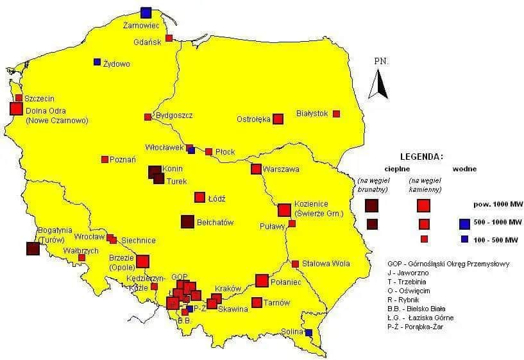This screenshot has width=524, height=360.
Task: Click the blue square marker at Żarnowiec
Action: click(146, 12)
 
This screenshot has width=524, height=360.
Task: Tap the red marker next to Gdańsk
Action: click(169, 38)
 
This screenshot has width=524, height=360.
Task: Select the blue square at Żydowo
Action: click(97, 62)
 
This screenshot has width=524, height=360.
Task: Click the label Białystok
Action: click(312, 114)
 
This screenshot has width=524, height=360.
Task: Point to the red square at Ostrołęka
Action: click(278, 119)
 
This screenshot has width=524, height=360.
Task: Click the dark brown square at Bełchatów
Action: click(187, 221)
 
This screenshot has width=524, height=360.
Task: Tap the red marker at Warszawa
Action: click(256, 169)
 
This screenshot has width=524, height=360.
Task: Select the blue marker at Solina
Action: click(308, 332)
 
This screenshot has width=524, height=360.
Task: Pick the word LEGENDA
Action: click(421, 156)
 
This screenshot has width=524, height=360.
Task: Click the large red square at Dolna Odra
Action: click(16, 108)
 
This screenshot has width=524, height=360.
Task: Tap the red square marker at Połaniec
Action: click(262, 280)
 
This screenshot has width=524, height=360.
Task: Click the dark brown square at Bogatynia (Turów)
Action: click(33, 249)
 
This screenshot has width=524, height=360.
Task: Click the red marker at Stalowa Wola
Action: click(295, 264)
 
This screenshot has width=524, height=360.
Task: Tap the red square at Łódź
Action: click(199, 197)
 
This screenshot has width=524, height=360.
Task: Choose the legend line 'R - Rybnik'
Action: click(403, 300)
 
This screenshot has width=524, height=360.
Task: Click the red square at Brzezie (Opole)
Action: click(142, 261)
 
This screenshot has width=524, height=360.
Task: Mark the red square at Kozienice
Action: click(283, 210)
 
